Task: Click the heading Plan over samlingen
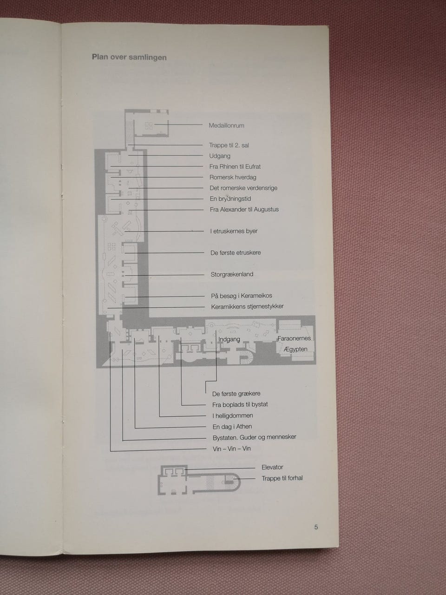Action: pyautogui.click(x=129, y=58)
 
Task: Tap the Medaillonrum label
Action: pyautogui.click(x=226, y=126)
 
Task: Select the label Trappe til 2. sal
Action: pyautogui.click(x=229, y=145)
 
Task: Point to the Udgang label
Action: pyautogui.click(x=220, y=156)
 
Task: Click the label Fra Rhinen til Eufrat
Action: pyautogui.click(x=235, y=166)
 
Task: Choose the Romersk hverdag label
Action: pyautogui.click(x=233, y=177)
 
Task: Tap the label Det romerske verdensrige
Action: pyautogui.click(x=243, y=188)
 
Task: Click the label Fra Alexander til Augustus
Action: pyautogui.click(x=244, y=210)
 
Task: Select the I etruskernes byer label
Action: pyautogui.click(x=234, y=231)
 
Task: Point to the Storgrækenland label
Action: pyautogui.click(x=232, y=274)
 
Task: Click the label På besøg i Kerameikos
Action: pyautogui.click(x=241, y=296)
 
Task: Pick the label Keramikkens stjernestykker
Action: pyautogui.click(x=247, y=306)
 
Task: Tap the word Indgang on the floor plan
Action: pyautogui.click(x=229, y=339)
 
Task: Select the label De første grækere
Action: pyautogui.click(x=236, y=394)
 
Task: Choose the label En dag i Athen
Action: pyautogui.click(x=232, y=427)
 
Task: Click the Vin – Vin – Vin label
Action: pyautogui.click(x=231, y=449)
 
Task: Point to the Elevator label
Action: pyautogui.click(x=272, y=467)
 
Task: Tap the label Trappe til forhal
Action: pyautogui.click(x=282, y=478)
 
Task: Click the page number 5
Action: pyautogui.click(x=316, y=527)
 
